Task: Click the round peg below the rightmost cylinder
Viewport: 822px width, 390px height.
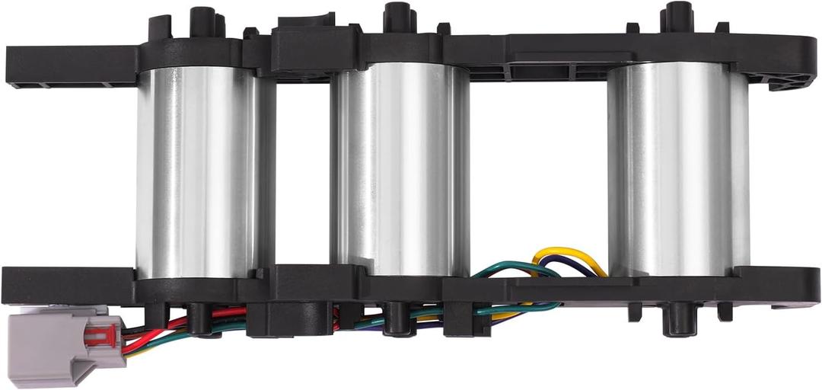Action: coord(677,320)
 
